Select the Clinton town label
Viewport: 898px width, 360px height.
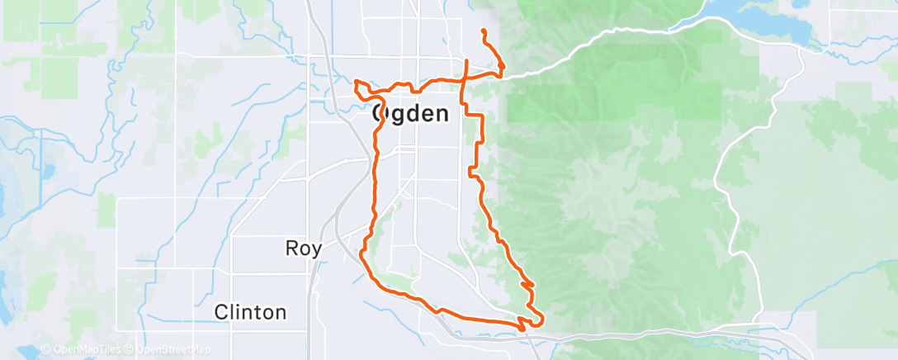pos(250,312)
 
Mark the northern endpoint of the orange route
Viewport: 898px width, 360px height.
pos(483,31)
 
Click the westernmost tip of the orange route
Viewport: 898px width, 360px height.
pos(355,83)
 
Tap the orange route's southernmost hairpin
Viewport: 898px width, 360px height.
pos(522,329)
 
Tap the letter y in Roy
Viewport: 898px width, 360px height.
pos(317,249)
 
